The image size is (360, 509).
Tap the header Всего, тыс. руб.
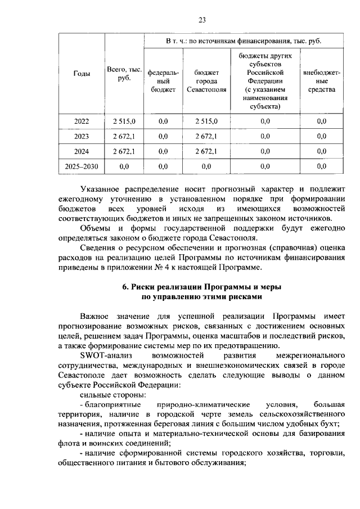point(124,74)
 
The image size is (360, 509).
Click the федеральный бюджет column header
point(163,81)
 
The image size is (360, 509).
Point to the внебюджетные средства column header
point(321,81)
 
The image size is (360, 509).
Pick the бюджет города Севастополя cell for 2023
point(206,136)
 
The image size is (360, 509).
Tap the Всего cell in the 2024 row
point(124,151)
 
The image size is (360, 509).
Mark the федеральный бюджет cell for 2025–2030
point(163,166)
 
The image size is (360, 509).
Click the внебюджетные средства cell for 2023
point(321,136)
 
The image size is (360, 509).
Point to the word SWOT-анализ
point(103,356)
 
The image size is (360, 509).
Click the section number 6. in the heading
point(127,287)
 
